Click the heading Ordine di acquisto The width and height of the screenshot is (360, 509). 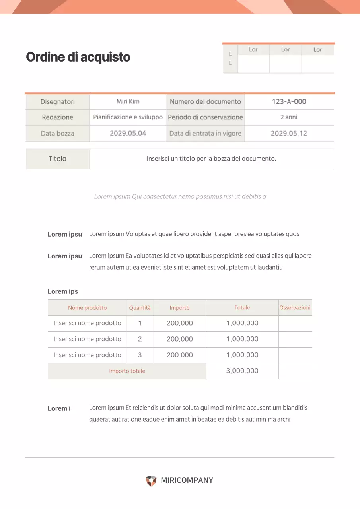78,57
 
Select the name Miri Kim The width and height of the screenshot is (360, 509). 128,101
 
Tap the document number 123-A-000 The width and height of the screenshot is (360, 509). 289,101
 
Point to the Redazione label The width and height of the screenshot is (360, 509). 58,117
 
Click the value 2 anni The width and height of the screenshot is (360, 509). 289,117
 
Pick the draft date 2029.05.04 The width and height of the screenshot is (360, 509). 128,133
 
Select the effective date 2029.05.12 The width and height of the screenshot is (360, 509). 289,133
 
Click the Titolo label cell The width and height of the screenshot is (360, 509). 58,159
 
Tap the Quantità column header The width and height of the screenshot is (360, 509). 140,308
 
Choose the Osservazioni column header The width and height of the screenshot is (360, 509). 295,308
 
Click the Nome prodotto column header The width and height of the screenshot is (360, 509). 88,308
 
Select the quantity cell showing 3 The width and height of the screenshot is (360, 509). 140,355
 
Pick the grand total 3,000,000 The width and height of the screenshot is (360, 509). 242,371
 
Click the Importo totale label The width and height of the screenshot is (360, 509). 127,371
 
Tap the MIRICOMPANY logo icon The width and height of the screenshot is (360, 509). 151,481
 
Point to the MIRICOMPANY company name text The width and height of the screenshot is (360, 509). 187,480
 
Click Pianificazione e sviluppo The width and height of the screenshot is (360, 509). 128,117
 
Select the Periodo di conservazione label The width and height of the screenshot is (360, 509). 205,117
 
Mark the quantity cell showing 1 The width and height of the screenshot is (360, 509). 140,323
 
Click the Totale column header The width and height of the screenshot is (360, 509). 242,308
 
